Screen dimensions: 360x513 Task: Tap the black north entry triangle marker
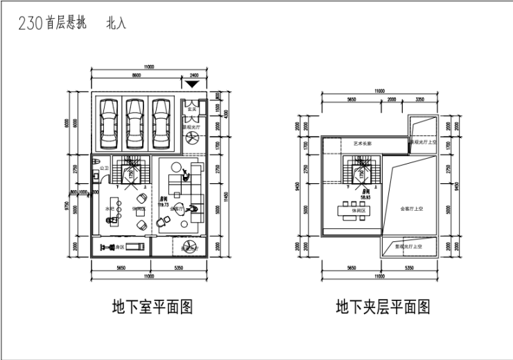(x=193, y=83)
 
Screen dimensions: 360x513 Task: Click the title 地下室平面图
(x=152, y=307)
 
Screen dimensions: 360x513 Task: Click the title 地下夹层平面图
(x=383, y=307)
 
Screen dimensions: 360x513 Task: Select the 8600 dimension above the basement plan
(x=137, y=74)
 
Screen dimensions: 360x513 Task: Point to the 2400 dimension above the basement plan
(x=193, y=74)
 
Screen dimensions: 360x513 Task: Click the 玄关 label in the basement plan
(x=194, y=108)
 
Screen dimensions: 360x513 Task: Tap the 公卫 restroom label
(x=104, y=168)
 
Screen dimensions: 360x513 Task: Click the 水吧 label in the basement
(x=109, y=208)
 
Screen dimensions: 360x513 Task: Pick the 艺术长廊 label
(x=363, y=144)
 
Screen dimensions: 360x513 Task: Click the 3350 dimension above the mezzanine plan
(x=420, y=99)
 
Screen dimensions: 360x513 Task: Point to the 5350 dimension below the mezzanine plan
(x=409, y=267)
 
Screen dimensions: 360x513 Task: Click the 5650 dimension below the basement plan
(x=120, y=267)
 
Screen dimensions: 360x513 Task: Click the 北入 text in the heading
(x=116, y=24)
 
